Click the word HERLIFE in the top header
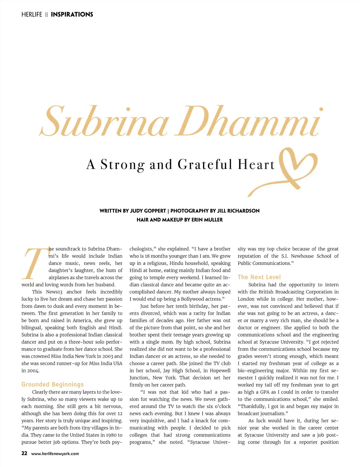click(32, 14)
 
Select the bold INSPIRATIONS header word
click(72, 14)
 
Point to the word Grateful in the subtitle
click(205, 165)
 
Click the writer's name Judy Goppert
click(148, 211)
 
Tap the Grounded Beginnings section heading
click(52, 385)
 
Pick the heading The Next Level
click(259, 277)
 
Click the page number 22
click(24, 453)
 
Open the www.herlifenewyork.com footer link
click(55, 454)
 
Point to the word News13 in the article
click(54, 292)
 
